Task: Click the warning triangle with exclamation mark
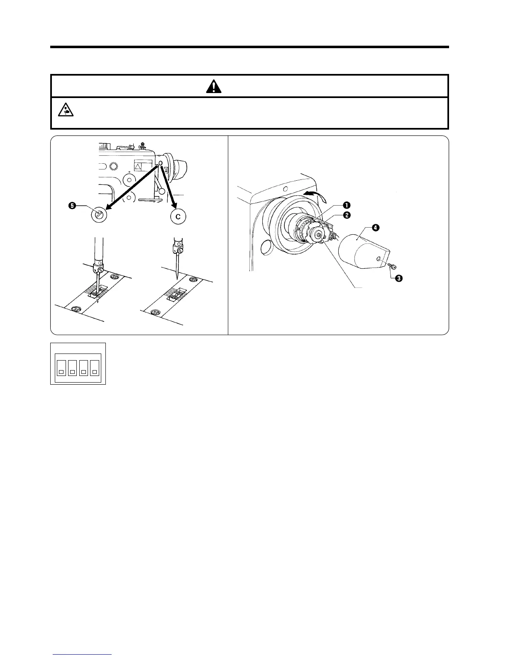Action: click(214, 86)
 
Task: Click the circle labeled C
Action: click(178, 216)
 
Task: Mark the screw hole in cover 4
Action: click(379, 259)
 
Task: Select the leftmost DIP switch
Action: click(61, 366)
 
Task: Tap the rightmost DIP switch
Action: click(95, 366)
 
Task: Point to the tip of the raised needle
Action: click(177, 277)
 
